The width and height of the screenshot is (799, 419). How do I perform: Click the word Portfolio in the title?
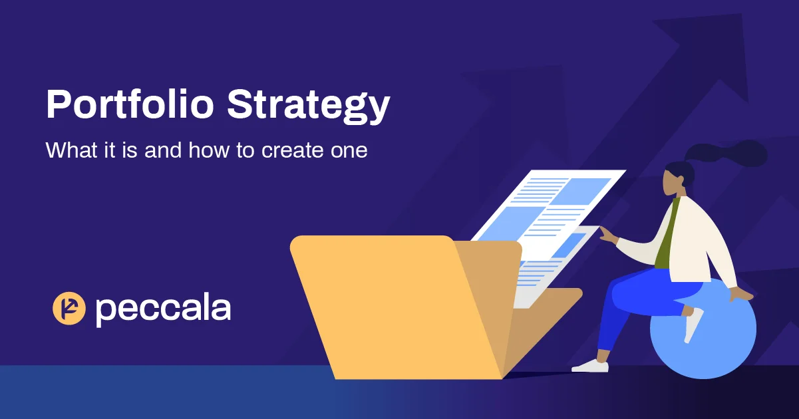[x=130, y=104]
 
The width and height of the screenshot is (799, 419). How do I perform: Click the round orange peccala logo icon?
[x=69, y=309]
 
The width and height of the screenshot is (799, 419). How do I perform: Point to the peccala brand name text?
[x=163, y=308]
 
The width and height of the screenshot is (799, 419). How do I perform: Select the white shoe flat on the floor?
[x=590, y=365]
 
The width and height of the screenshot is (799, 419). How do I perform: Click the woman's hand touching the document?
[x=607, y=233]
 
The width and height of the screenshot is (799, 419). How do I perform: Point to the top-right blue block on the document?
[x=579, y=191]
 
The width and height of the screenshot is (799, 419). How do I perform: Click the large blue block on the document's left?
[x=503, y=223]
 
